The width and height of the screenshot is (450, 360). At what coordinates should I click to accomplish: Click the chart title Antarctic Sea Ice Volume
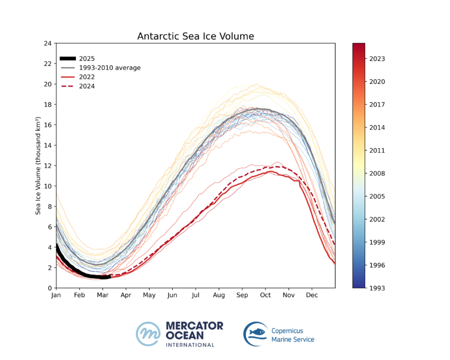[x=195, y=37]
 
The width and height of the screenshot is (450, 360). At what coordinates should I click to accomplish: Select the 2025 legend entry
[x=86, y=59]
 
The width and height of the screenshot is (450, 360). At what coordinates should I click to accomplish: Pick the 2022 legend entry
[x=86, y=77]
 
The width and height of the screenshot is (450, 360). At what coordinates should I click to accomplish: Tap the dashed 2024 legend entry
[x=86, y=86]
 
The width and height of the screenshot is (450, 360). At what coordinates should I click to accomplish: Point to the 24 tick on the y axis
[x=47, y=43]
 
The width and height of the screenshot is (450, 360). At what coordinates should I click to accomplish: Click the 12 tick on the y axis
[x=47, y=166]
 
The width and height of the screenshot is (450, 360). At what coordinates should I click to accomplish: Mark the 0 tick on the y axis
[x=49, y=288]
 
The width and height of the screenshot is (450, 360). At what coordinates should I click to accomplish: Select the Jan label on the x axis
[x=56, y=296]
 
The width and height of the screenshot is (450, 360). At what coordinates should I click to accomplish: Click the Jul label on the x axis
[x=195, y=296]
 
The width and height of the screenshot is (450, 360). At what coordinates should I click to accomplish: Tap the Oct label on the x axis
[x=266, y=296]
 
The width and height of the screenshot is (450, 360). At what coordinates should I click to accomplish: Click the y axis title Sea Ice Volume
[x=38, y=166]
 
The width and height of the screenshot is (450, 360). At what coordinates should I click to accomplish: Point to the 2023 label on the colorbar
[x=377, y=59]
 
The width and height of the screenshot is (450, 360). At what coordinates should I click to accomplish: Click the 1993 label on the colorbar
[x=377, y=288]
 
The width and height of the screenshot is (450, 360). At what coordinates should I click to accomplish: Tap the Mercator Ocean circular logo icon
[x=148, y=334]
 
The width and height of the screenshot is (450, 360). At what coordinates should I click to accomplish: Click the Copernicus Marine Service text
[x=292, y=334]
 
